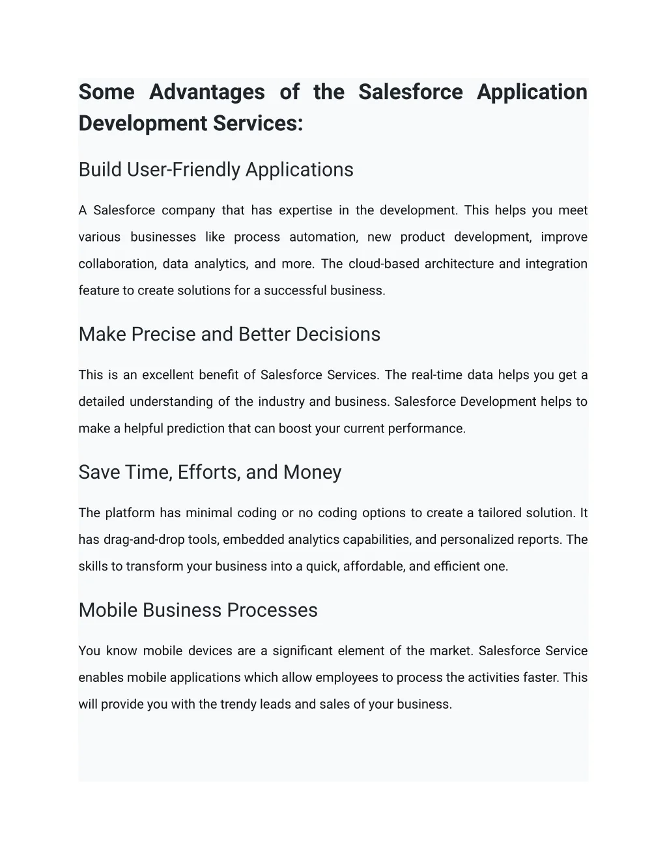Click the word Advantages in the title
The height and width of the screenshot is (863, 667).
[207, 92]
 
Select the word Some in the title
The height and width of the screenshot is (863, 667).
[106, 92]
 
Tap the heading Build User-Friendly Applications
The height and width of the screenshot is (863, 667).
[216, 169]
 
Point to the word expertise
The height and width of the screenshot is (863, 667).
[305, 210]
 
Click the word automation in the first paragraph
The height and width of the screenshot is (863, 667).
[324, 237]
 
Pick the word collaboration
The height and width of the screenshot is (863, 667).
[117, 264]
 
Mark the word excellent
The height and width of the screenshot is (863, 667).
[168, 375]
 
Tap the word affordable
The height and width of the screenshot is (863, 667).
[374, 567]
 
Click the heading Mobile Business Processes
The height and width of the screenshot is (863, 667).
[198, 610]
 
